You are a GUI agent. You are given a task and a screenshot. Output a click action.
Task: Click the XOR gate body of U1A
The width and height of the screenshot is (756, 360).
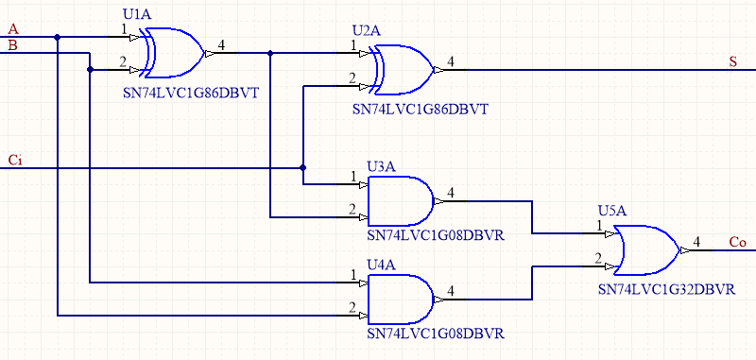(173, 52)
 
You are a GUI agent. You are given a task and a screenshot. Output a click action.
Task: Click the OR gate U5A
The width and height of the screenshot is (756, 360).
(647, 249)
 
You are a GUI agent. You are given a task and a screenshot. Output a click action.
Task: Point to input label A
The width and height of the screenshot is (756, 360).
(12, 29)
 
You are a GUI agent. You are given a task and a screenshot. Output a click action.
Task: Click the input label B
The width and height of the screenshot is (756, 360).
(12, 44)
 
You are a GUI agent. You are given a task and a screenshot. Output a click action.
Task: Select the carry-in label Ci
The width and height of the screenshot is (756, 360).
(14, 159)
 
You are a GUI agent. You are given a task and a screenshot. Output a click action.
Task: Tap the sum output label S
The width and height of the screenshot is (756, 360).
(732, 62)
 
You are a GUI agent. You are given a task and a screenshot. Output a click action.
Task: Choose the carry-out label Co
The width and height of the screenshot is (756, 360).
(737, 242)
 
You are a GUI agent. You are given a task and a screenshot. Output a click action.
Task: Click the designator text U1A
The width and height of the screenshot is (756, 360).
(139, 15)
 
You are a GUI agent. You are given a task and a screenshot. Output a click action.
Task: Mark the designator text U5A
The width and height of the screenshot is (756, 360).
(613, 210)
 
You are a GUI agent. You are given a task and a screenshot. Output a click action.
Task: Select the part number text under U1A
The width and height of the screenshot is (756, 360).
(191, 93)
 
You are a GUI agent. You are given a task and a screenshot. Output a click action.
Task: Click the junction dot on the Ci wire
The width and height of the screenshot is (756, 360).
(302, 168)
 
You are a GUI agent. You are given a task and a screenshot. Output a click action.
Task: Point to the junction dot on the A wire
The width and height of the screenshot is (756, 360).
(59, 38)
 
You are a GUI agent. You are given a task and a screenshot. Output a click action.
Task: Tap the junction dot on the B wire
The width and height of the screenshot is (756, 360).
(90, 69)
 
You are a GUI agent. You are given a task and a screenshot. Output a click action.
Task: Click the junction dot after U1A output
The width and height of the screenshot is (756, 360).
(271, 53)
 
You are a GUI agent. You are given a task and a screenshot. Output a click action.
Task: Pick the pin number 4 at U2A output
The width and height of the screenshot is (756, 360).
(451, 61)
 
